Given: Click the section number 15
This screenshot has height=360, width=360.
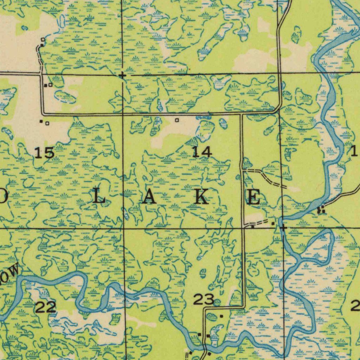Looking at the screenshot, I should pos(45,153).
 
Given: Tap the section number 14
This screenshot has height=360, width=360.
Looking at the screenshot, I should pos(202,152).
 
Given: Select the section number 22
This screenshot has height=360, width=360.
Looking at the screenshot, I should pos(46,308).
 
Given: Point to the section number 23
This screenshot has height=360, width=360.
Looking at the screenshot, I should pos(204,300).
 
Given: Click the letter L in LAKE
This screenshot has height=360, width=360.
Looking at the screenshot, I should pos(99,198).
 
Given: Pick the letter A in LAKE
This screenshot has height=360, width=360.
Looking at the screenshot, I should pos(150,198).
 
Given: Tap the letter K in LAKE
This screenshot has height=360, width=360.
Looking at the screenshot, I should pos(201,197).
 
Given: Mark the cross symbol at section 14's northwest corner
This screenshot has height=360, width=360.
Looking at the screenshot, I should pos(122,75).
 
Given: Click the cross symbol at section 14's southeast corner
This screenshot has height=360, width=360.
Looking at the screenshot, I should pos(283,228).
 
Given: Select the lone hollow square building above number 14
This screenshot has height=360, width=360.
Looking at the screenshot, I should pos(177,120).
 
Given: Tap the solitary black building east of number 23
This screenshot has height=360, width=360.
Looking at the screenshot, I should pos(221,316).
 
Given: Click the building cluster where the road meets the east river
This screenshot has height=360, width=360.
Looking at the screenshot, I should pos(321,210).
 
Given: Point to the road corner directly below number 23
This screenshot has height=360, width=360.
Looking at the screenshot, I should pos(205,308).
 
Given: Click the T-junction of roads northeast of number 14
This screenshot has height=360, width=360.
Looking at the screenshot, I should pos(242,114).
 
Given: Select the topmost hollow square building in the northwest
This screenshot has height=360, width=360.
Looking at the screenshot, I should pos(43,39).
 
